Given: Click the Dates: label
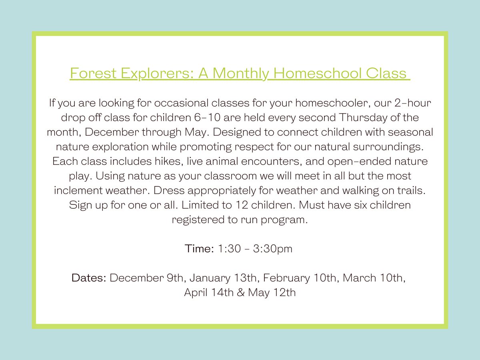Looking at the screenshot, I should [89, 278].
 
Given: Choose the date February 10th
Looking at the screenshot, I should [300, 278].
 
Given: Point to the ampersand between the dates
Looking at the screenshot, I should [241, 292].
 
